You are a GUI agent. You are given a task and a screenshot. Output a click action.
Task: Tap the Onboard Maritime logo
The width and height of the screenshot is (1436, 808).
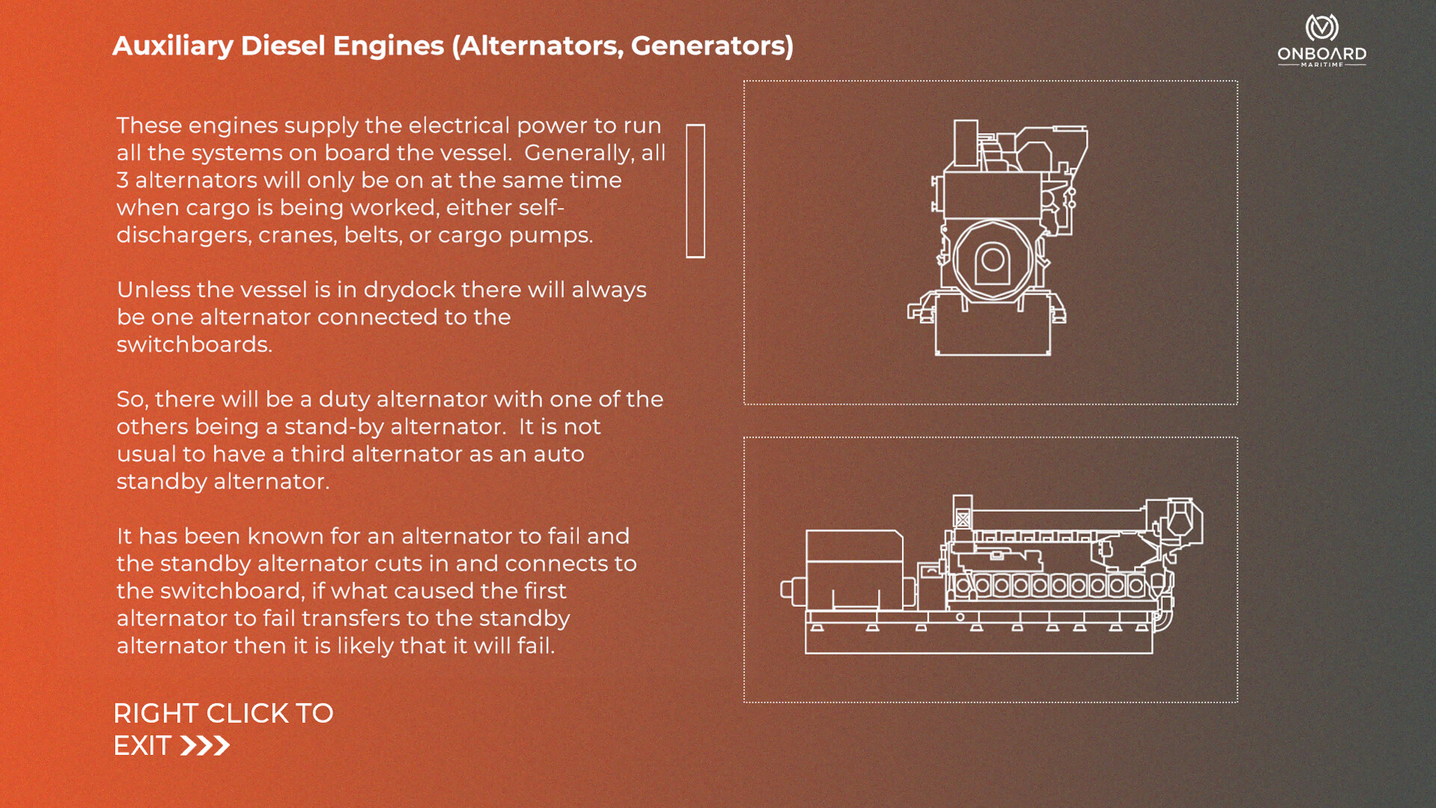point(1322,40)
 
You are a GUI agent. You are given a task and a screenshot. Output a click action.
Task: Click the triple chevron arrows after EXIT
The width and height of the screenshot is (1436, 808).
point(205,746)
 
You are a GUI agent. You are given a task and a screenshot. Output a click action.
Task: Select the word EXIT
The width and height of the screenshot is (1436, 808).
point(142,746)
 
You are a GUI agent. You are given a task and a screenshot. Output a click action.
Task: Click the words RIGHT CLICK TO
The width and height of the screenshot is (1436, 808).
point(223,713)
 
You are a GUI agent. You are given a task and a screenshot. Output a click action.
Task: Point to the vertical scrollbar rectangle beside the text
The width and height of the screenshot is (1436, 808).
point(696,191)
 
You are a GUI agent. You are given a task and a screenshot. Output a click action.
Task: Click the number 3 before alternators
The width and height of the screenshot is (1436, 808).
point(123,180)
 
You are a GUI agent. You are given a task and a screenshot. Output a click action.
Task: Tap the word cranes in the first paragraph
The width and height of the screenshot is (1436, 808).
point(297,236)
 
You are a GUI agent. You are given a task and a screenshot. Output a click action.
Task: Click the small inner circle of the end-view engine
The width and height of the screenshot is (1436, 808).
point(993,260)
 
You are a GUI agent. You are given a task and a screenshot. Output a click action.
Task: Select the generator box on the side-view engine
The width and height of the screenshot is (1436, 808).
point(854,569)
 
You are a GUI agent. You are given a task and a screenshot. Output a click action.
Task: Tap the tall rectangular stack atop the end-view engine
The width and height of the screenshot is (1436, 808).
point(966,143)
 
